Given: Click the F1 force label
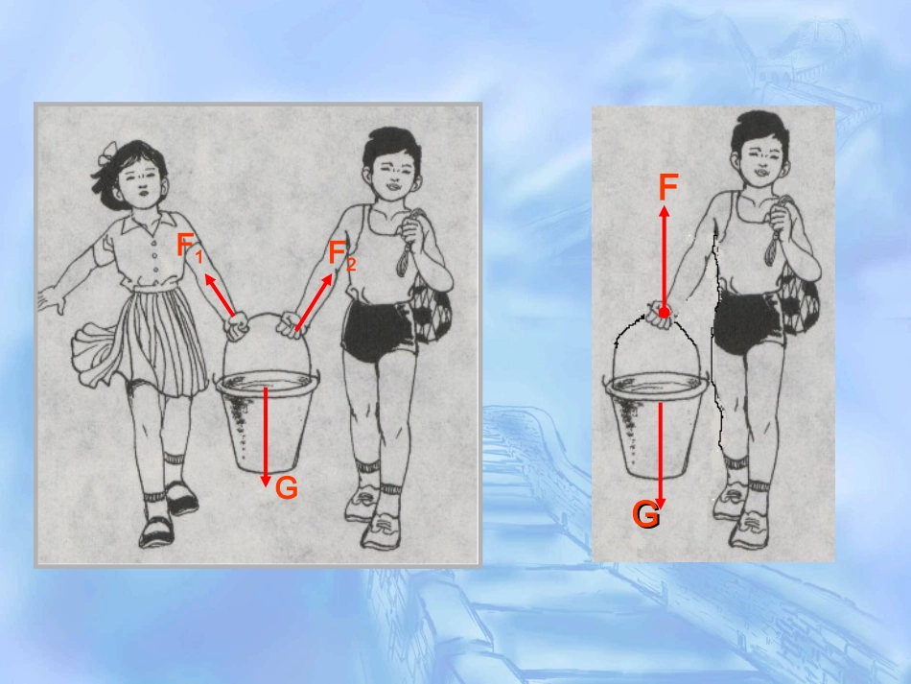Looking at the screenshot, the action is pyautogui.click(x=190, y=247).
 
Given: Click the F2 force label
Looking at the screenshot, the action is pyautogui.click(x=341, y=256).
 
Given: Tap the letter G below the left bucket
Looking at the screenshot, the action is pyautogui.click(x=287, y=487).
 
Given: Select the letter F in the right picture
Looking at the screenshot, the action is pyautogui.click(x=668, y=187).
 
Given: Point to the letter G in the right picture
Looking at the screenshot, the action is pyautogui.click(x=645, y=515).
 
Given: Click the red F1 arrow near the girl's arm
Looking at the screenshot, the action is pyautogui.click(x=219, y=295).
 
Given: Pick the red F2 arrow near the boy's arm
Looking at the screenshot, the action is pyautogui.click(x=314, y=302).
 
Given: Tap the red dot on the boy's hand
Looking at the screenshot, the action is pyautogui.click(x=665, y=314).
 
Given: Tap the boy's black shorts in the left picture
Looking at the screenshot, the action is pyautogui.click(x=379, y=329).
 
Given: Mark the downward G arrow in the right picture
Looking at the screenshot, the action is pyautogui.click(x=660, y=455).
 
